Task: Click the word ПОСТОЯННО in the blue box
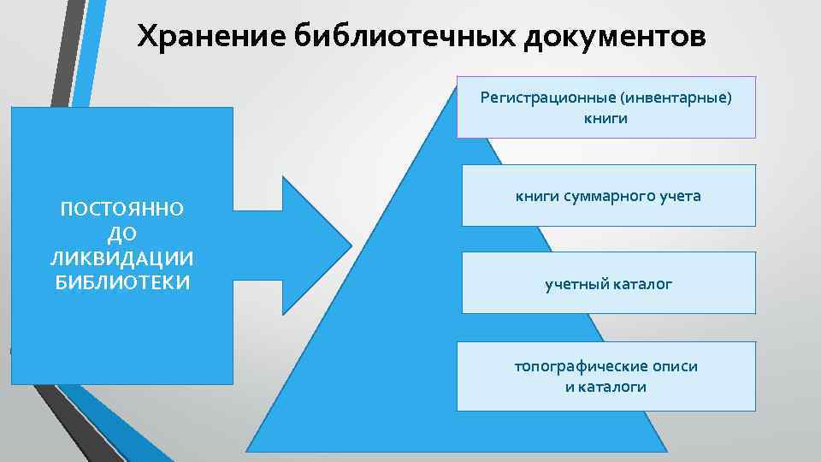(x=122, y=209)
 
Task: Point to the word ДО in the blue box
(x=122, y=234)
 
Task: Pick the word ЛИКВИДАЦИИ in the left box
(x=122, y=258)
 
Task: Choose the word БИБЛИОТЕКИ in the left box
(x=122, y=282)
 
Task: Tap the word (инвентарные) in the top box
(x=678, y=97)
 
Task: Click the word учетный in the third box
(x=576, y=283)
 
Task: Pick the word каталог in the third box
(x=642, y=283)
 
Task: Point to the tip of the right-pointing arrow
(x=351, y=246)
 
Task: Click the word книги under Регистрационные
(x=605, y=118)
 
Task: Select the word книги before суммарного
(x=537, y=196)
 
